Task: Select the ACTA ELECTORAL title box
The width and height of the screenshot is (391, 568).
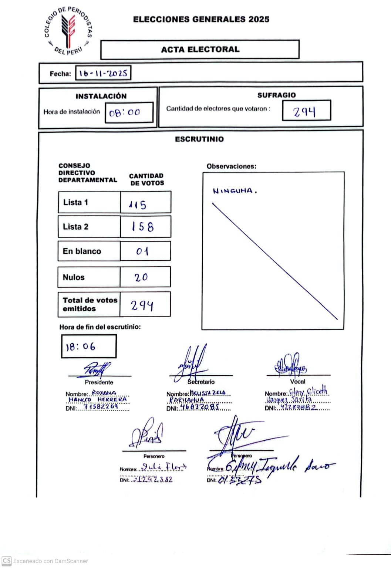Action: point(200,50)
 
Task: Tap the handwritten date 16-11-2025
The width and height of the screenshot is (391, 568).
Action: point(103,73)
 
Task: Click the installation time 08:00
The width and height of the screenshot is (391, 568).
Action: point(125,112)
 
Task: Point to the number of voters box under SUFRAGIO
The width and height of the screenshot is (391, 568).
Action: point(306,111)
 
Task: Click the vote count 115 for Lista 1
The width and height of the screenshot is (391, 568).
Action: point(138,204)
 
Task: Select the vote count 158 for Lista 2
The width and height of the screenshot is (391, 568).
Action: point(143,227)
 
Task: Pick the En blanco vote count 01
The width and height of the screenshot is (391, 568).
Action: point(142,251)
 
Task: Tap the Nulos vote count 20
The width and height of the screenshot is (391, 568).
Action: point(141,277)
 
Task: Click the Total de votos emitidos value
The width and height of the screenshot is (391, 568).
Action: point(142,305)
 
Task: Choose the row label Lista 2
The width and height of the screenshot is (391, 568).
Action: point(76,227)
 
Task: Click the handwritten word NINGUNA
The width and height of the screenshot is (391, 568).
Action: point(235,191)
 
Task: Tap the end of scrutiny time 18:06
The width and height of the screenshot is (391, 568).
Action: point(81,347)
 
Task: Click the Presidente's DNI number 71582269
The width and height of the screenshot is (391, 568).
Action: point(101,407)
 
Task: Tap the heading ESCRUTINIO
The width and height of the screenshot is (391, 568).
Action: point(199,139)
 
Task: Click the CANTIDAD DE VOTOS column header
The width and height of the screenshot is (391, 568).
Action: point(146,179)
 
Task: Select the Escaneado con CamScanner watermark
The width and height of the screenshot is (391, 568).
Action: point(45,561)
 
